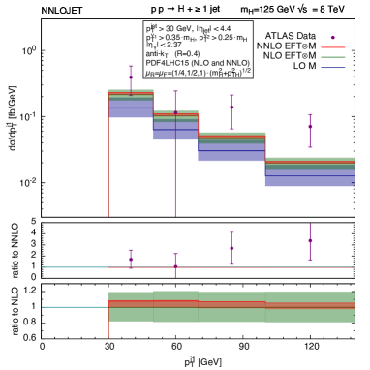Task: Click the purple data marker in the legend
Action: coord(333,38)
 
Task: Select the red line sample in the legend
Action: coord(333,46)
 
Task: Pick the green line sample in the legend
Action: coord(333,57)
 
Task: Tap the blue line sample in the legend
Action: coord(333,68)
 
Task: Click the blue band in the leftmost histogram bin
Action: coord(130,108)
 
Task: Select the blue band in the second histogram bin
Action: coord(175,130)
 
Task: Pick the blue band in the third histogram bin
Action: coord(231,149)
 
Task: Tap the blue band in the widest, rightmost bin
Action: coord(309,175)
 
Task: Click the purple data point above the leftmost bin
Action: coord(132,77)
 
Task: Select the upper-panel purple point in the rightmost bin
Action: coord(310,126)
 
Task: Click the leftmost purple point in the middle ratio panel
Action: coord(132,259)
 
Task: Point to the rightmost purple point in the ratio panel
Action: coord(310,240)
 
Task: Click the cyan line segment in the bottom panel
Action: coord(73,308)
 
